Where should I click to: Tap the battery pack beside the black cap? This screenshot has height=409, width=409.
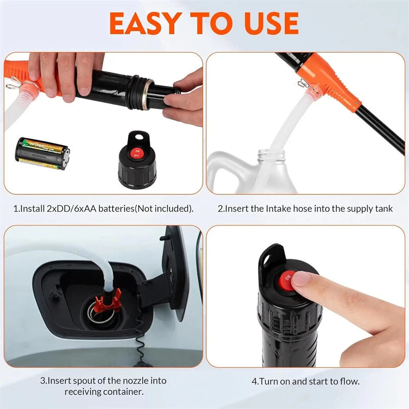click(43, 153)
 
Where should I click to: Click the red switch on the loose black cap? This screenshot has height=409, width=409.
click(136, 151)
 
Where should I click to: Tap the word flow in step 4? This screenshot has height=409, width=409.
click(349, 381)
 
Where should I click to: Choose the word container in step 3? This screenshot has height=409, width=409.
click(122, 392)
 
